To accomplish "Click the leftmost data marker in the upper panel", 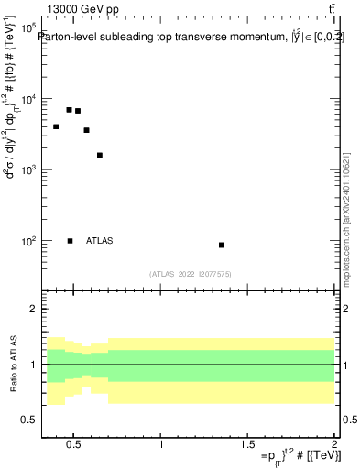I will [56, 126].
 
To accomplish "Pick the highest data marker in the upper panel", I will [69, 110].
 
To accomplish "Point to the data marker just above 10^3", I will [100, 155].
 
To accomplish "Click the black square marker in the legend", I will [70, 241].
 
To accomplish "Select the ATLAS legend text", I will [100, 241].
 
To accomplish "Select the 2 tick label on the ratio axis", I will [31, 309].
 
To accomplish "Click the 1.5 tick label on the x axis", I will [247, 446].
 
